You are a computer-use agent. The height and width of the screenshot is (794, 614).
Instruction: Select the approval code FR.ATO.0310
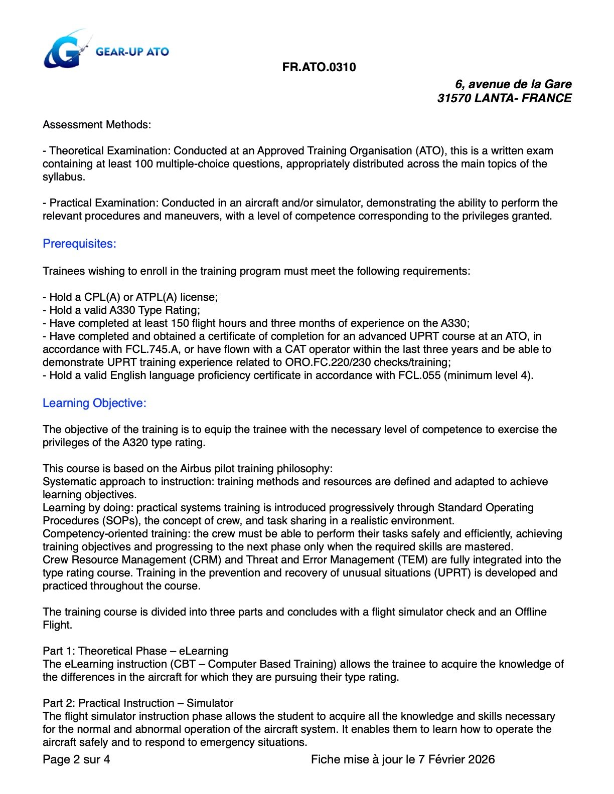pyautogui.click(x=319, y=67)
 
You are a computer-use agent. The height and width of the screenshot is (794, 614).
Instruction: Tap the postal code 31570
pyautogui.click(x=454, y=98)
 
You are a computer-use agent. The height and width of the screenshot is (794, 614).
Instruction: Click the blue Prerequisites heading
pyautogui.click(x=79, y=244)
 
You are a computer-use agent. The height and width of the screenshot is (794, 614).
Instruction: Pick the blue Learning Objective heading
pyautogui.click(x=94, y=403)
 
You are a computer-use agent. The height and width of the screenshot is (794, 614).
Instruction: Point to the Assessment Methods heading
pyautogui.click(x=97, y=124)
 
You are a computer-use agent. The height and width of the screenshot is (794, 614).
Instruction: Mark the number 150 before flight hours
pyautogui.click(x=181, y=323)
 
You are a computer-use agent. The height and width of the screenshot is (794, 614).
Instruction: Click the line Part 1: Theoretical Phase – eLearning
pyautogui.click(x=135, y=651)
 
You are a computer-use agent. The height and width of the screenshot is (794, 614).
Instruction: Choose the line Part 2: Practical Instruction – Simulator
pyautogui.click(x=138, y=703)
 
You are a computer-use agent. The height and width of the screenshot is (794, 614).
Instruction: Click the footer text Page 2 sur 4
pyautogui.click(x=76, y=759)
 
